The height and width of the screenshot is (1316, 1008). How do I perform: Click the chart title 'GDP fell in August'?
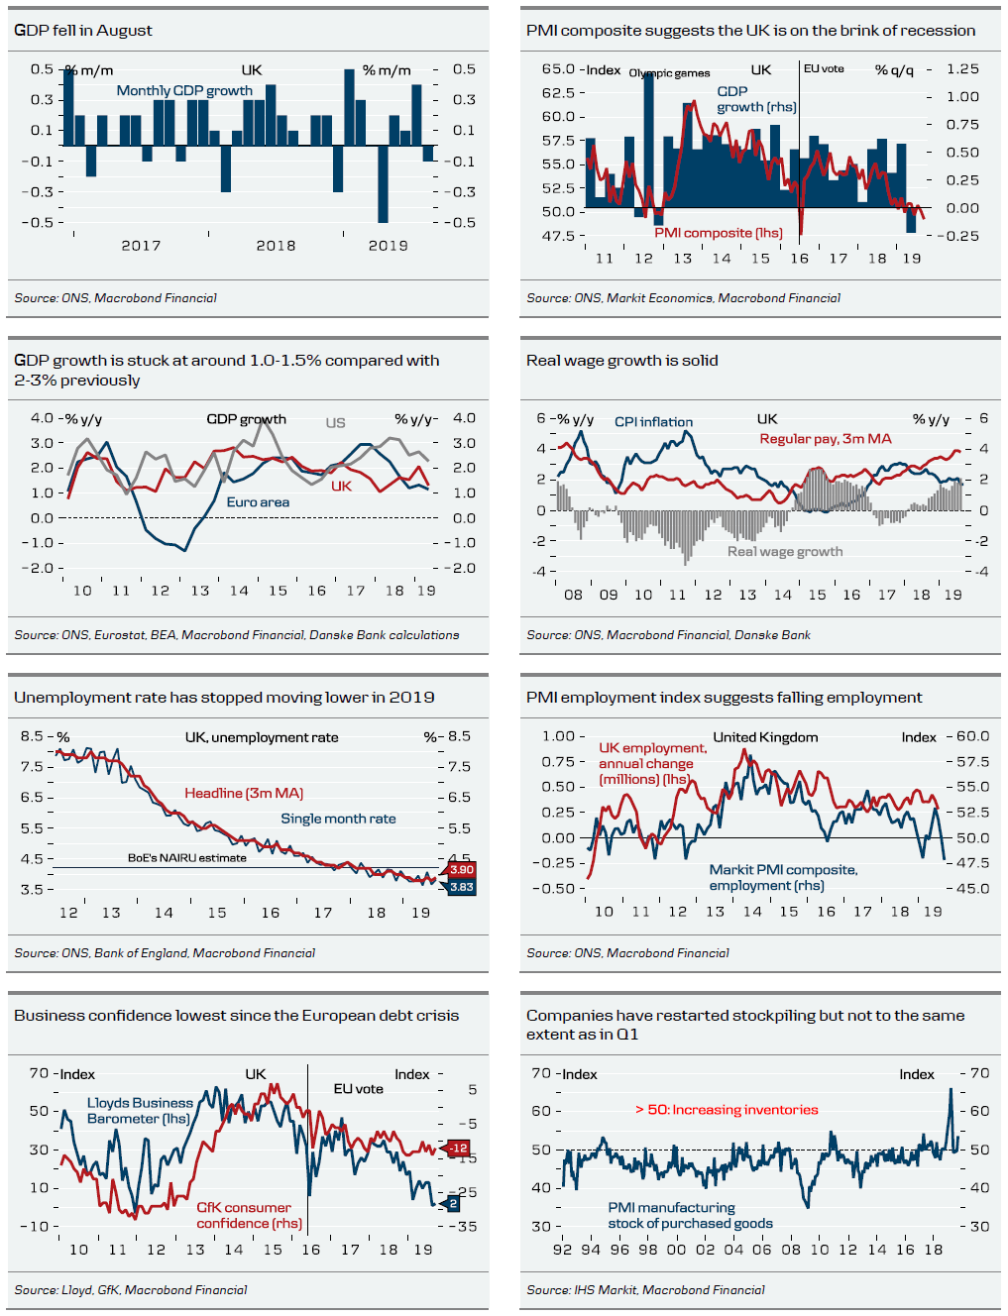pos(83,31)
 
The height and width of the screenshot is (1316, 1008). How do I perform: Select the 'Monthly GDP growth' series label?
pos(184,90)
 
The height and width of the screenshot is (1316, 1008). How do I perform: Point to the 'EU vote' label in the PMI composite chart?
pos(824,68)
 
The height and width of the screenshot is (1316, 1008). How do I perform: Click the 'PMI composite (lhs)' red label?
pos(719,233)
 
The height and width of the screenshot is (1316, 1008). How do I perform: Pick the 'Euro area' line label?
pos(258,502)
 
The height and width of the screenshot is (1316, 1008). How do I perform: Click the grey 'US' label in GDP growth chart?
pos(336,423)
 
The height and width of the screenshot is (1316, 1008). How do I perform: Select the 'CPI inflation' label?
pos(653,422)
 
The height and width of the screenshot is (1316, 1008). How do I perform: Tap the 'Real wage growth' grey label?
pos(785,552)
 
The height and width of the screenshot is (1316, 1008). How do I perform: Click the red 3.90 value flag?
pos(462,869)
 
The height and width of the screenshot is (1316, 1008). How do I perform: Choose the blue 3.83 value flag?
pos(462,887)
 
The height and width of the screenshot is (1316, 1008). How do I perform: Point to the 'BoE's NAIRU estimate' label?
pos(187,858)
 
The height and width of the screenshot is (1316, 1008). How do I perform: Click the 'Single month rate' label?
pos(338,819)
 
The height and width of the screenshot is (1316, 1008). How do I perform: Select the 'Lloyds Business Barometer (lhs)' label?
pos(140,1111)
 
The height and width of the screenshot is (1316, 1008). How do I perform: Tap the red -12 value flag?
pos(458,1149)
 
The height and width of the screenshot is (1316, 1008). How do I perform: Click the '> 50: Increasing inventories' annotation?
pos(727,1110)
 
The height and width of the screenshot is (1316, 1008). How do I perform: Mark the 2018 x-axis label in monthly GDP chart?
pos(276,246)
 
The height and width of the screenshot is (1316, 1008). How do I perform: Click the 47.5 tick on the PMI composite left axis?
pos(558,236)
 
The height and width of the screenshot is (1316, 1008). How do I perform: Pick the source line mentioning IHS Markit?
pos(645,1290)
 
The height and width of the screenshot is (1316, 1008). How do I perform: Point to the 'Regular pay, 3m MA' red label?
pos(826,439)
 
